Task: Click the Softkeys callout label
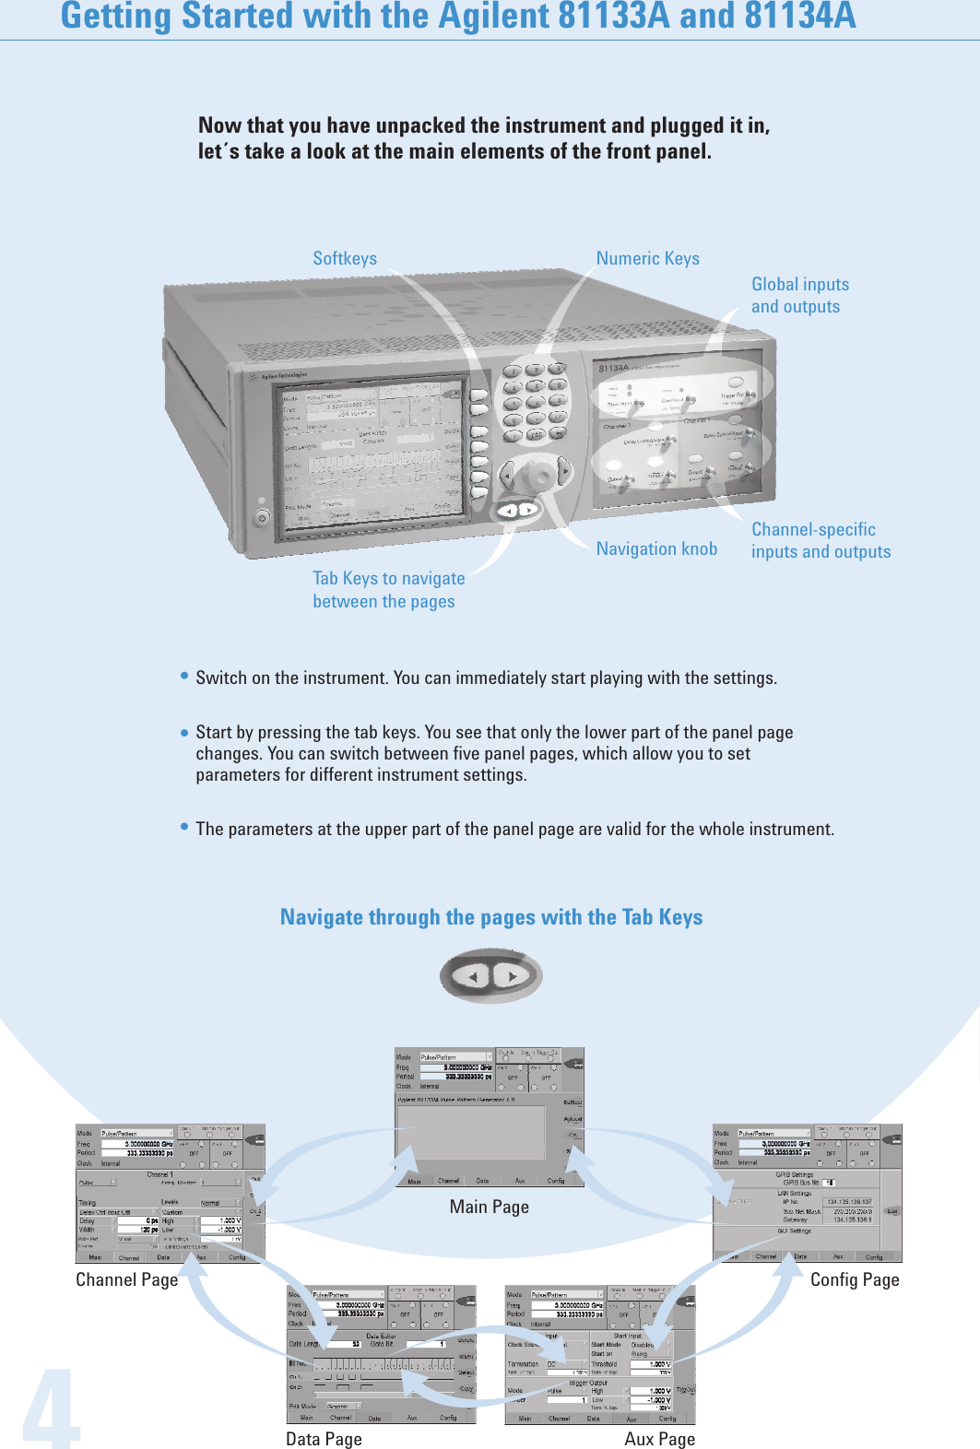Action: pyautogui.click(x=345, y=259)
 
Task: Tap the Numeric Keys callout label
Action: pyautogui.click(x=647, y=259)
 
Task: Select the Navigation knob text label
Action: pyautogui.click(x=656, y=549)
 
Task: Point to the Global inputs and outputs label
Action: pyautogui.click(x=799, y=296)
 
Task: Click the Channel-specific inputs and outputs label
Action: pyautogui.click(x=821, y=541)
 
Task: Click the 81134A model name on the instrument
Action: pyautogui.click(x=614, y=368)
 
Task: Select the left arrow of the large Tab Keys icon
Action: pyautogui.click(x=474, y=976)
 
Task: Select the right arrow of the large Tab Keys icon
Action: pyautogui.click(x=512, y=975)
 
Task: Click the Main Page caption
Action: pyautogui.click(x=489, y=1207)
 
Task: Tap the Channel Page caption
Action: pyautogui.click(x=126, y=1280)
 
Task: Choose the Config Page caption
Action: pyautogui.click(x=855, y=1280)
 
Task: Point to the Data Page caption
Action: pyautogui.click(x=324, y=1440)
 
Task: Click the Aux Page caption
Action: pyautogui.click(x=659, y=1440)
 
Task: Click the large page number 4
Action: pyautogui.click(x=51, y=1410)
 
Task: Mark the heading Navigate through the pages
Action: pyautogui.click(x=490, y=918)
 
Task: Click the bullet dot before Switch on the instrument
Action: pyautogui.click(x=184, y=677)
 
